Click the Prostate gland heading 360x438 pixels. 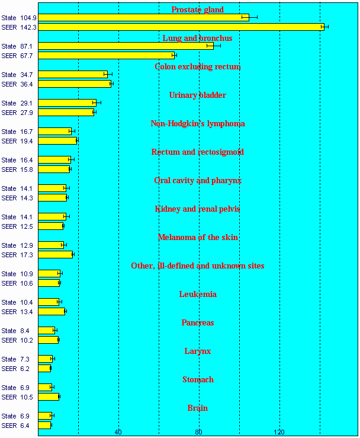tap(197, 9)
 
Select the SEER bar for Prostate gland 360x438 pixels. tap(181, 27)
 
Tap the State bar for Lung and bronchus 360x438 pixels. tap(126, 46)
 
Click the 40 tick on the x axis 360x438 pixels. tap(118, 431)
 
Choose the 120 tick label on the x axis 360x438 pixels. tap(279, 431)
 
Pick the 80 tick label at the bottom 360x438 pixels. tap(199, 431)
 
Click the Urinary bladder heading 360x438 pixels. tap(197, 95)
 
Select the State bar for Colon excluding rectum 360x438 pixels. tap(73, 74)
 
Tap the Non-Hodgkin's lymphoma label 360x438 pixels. tap(197, 123)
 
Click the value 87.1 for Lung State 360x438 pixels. tap(26, 46)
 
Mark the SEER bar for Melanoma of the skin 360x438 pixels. tap(56, 254)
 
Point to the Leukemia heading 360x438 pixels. tap(197, 294)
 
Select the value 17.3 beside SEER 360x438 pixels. tap(26, 255)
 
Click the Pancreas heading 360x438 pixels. tap(197, 322)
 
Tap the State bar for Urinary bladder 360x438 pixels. tap(67, 103)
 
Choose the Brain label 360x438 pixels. tap(197, 408)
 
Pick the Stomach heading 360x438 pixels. tap(197, 379)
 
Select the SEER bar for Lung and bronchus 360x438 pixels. tap(106, 55)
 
